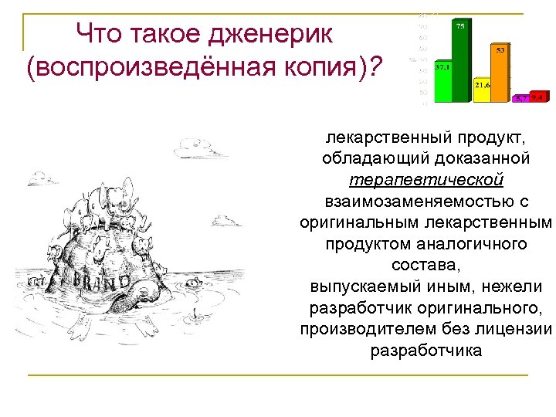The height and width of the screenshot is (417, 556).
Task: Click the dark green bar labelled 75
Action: coord(460,62)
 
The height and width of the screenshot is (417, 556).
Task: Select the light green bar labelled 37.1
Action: coord(442,82)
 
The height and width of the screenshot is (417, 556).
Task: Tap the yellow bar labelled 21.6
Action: coord(482,90)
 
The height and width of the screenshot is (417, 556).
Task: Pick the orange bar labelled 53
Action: coord(500,73)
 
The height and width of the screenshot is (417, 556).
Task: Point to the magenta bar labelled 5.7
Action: coord(521,98)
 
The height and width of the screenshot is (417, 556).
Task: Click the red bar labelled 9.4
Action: coord(537,97)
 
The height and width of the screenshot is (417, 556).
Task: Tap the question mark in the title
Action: coord(375,67)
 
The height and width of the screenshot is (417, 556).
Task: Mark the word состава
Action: coord(426,266)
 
